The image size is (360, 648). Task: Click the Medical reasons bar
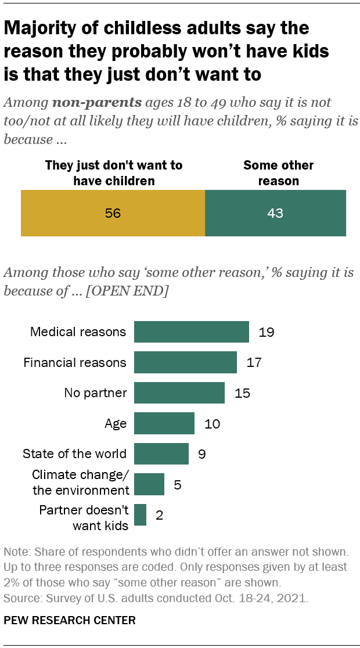[192, 332]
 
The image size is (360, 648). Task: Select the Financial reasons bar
[185, 362]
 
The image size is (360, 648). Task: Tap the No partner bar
[179, 393]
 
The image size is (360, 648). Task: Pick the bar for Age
[164, 423]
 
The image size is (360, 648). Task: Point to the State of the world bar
[161, 453]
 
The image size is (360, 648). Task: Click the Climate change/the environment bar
[149, 484]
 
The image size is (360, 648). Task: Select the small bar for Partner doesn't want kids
[140, 514]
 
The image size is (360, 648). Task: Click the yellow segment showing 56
[113, 213]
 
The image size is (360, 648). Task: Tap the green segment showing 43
[275, 213]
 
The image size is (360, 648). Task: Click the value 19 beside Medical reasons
[267, 333]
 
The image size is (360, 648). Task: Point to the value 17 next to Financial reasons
[254, 363]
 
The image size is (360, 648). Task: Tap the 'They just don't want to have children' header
[114, 173]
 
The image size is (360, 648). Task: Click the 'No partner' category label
[95, 393]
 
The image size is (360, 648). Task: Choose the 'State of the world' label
[74, 453]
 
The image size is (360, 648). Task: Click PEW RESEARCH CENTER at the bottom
[70, 621]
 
